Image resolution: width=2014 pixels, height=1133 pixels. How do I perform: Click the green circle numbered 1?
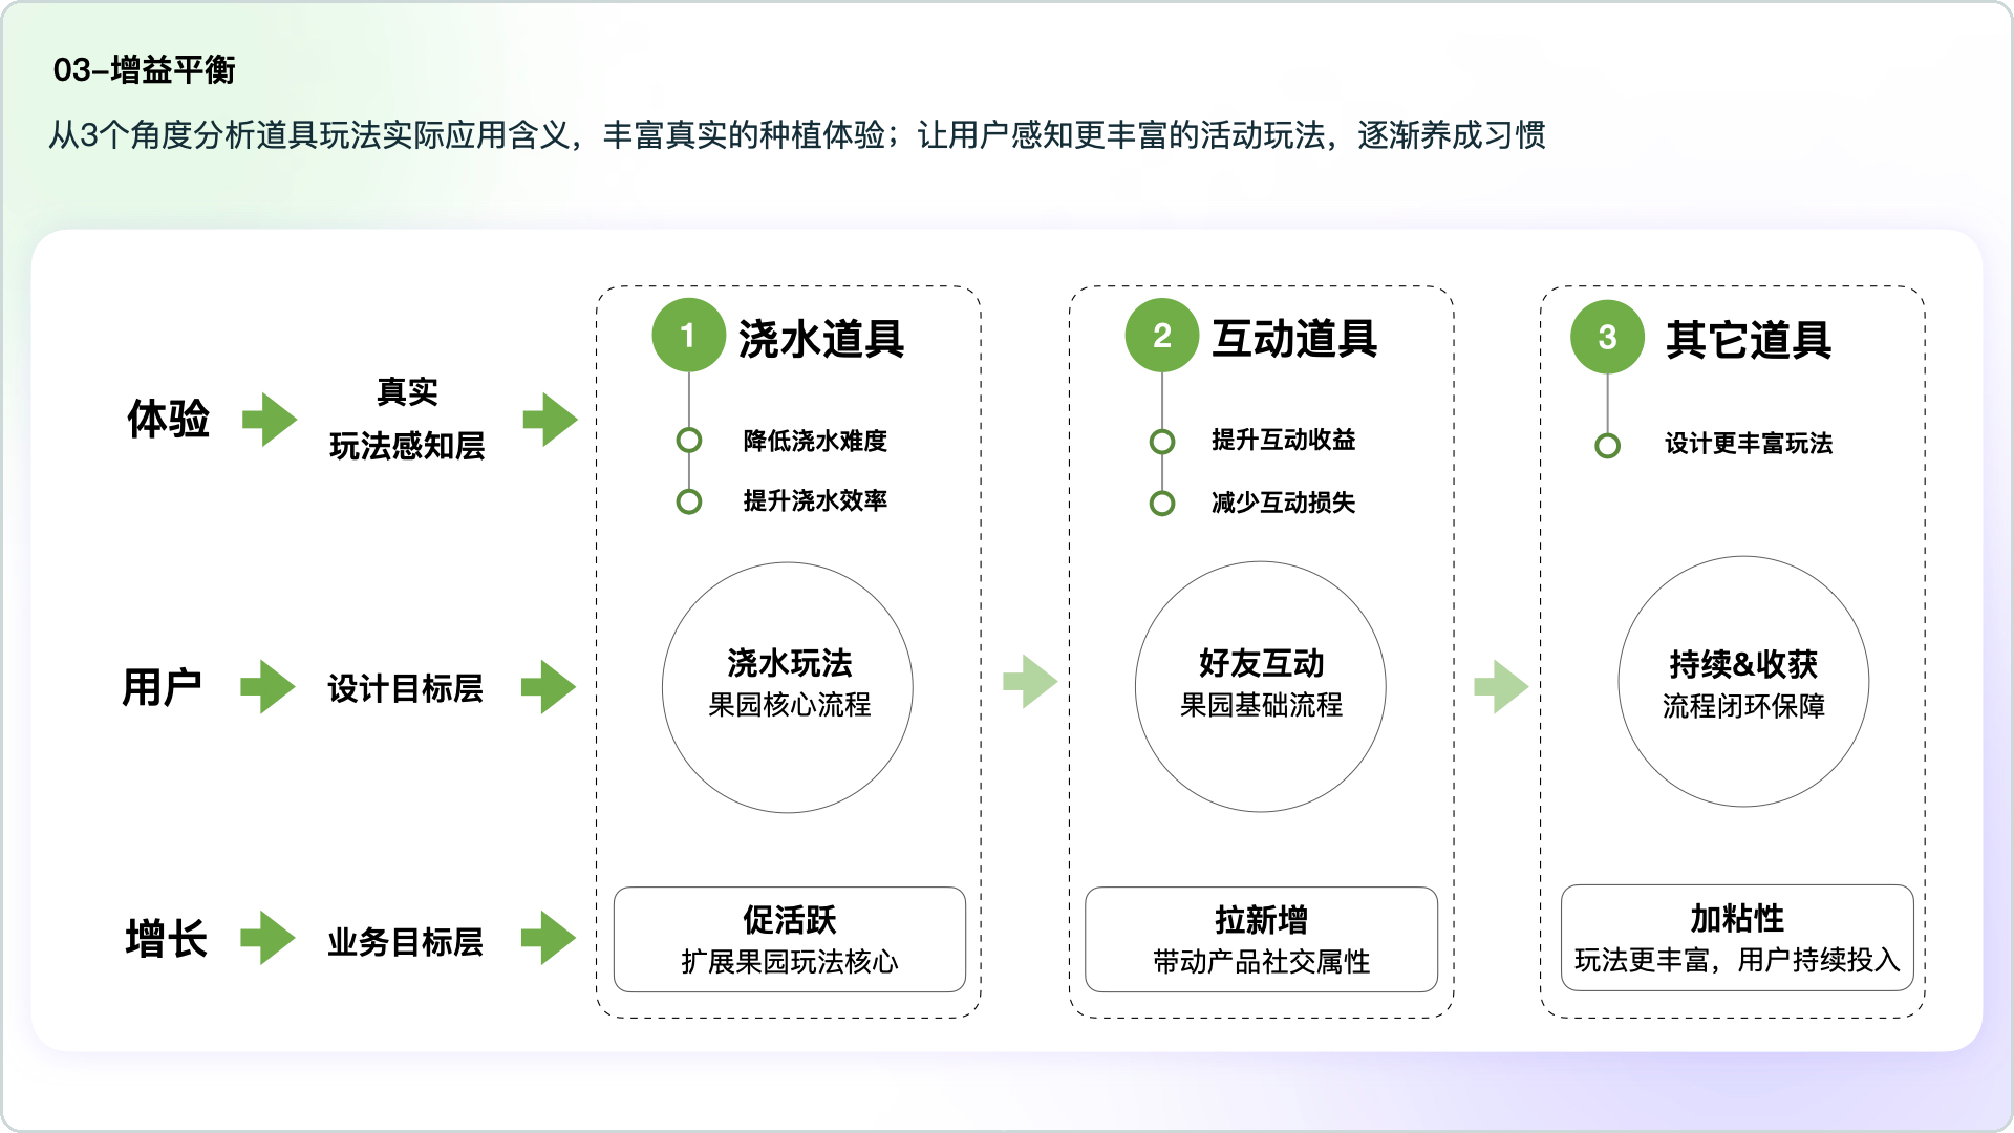(x=688, y=335)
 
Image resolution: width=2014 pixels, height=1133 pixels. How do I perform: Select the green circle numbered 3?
(x=1607, y=337)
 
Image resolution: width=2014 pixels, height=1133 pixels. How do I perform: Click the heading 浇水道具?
(x=821, y=339)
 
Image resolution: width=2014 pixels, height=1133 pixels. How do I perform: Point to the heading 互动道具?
(x=1294, y=339)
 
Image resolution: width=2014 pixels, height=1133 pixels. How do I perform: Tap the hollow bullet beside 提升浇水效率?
(x=689, y=501)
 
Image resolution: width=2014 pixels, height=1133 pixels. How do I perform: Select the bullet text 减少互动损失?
(x=1283, y=502)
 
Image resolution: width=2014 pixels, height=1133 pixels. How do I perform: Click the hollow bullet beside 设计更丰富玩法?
(x=1608, y=446)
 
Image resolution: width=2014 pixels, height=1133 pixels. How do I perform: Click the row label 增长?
(x=167, y=938)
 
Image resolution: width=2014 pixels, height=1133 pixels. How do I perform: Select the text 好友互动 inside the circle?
(x=1261, y=663)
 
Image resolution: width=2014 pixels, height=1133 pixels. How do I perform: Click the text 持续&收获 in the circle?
(x=1743, y=665)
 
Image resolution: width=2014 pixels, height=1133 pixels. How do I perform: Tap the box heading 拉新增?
(x=1261, y=920)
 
